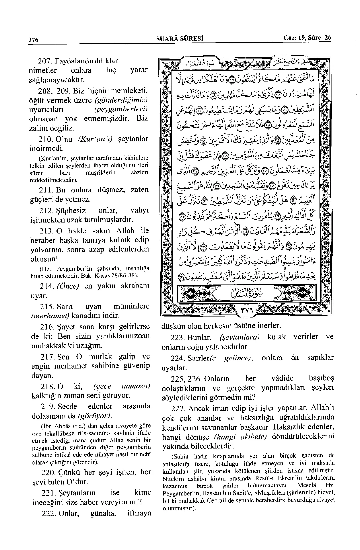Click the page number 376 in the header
click(x=33, y=40)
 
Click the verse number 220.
click(x=47, y=472)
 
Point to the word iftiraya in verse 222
click(x=139, y=513)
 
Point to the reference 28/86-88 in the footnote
click(x=124, y=275)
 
